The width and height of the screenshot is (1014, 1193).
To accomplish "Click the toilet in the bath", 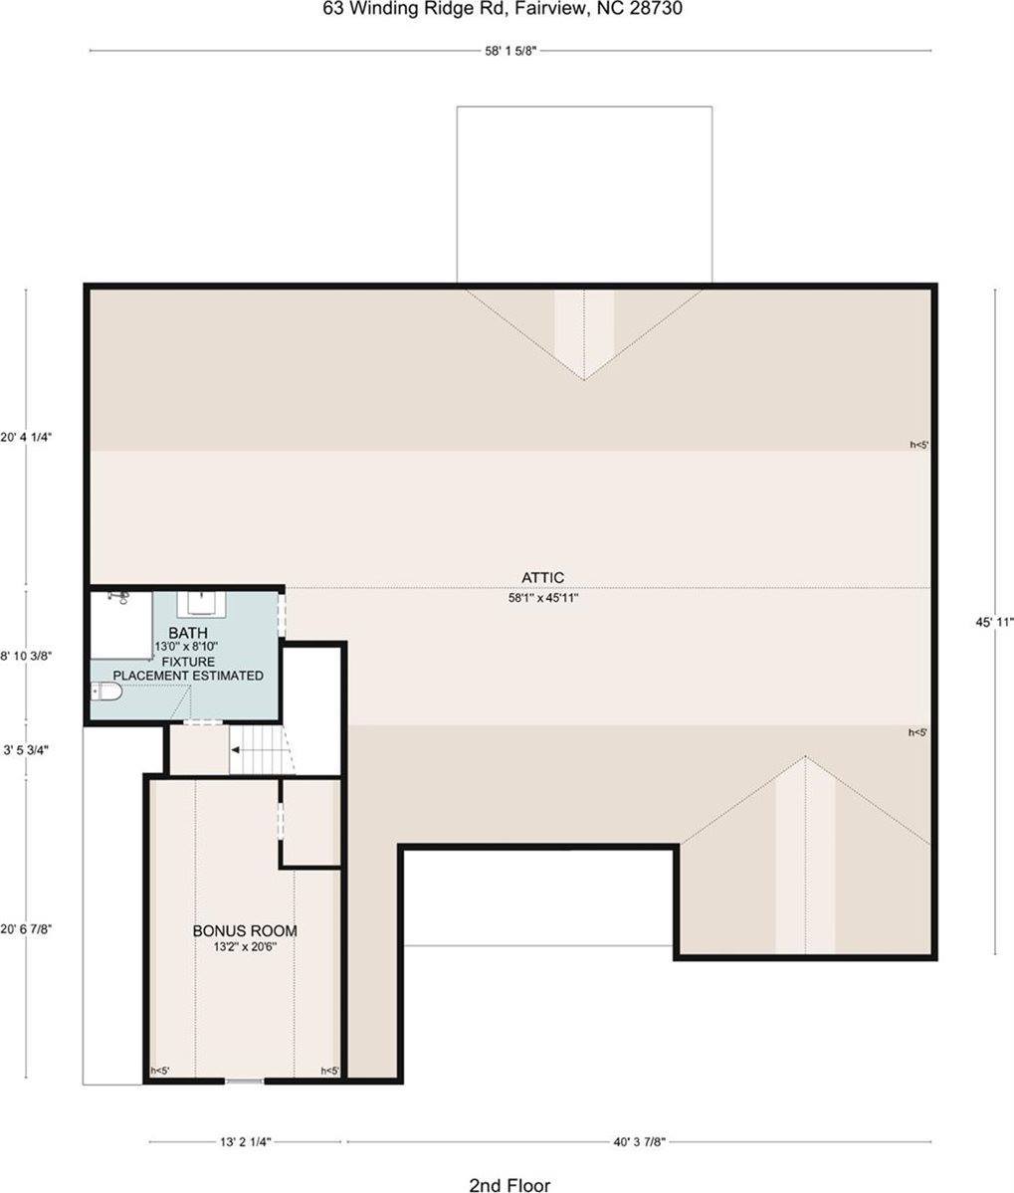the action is (x=106, y=692).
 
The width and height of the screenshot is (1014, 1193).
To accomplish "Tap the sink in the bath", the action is (x=203, y=603).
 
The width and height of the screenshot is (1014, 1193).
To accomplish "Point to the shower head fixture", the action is (x=117, y=597).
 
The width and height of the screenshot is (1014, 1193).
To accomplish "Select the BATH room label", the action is (x=188, y=633).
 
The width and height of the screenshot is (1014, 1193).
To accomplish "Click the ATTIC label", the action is (x=543, y=578).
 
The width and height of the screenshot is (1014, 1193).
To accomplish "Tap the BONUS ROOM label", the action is (x=245, y=930).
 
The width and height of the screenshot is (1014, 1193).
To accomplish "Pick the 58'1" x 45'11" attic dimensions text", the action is (x=544, y=598).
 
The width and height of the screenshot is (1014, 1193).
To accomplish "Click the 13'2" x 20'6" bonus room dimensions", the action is (x=245, y=947).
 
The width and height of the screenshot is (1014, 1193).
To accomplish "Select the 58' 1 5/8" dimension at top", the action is (x=511, y=51).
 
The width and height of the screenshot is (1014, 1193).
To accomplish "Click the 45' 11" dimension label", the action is (x=995, y=622).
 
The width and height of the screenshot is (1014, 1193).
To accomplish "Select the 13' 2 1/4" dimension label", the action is (x=245, y=1141).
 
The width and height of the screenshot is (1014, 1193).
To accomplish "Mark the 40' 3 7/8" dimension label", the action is (x=639, y=1141).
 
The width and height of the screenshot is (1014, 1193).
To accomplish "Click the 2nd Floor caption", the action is (x=509, y=1184).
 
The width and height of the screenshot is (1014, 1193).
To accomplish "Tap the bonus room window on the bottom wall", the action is (x=244, y=1081).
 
